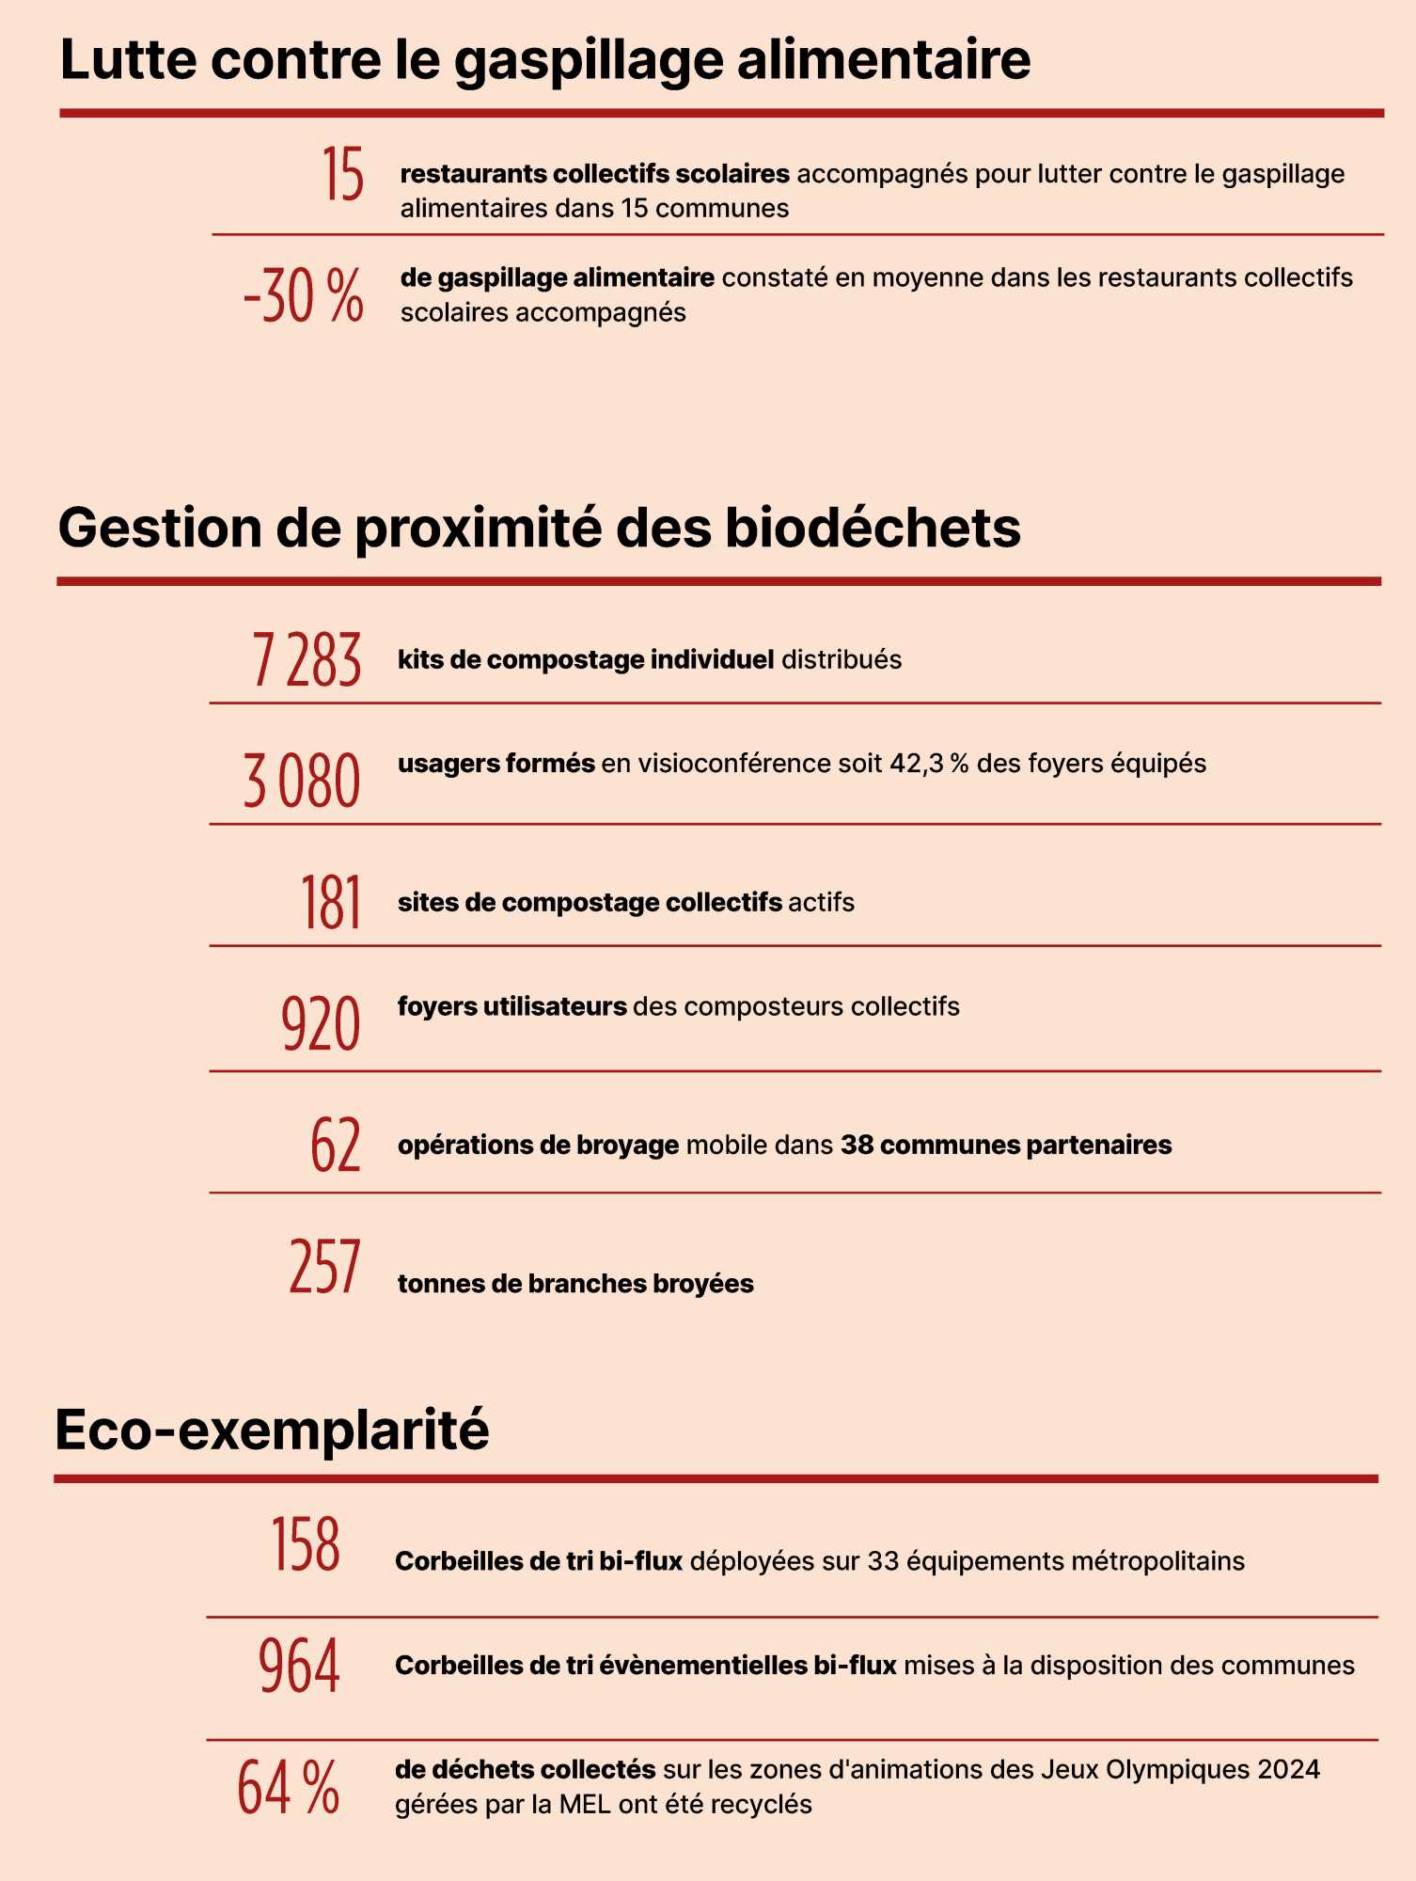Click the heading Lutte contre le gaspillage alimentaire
(545, 59)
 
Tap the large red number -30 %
(303, 295)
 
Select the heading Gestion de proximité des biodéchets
(539, 528)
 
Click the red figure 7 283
(307, 660)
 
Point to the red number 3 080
(302, 781)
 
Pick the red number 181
(331, 903)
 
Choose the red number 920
(321, 1024)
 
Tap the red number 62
(336, 1145)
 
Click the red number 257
(324, 1267)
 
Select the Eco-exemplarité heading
(272, 1431)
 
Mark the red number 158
(306, 1545)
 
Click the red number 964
(299, 1667)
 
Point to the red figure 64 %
(288, 1787)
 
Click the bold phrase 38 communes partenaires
(1006, 1146)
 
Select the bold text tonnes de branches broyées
(575, 1284)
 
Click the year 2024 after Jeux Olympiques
(1289, 1770)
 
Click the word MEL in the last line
(585, 1805)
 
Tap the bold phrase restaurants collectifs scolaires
(594, 174)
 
